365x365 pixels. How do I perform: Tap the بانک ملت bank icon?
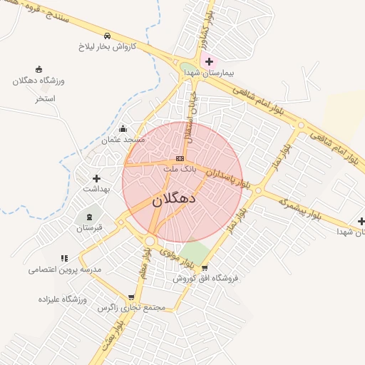tap(180, 158)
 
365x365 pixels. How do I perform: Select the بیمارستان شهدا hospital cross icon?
tap(208, 62)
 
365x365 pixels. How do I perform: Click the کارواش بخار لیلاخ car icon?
tap(107, 36)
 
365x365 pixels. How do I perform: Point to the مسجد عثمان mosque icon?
tap(123, 129)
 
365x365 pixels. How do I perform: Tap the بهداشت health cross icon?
tap(96, 178)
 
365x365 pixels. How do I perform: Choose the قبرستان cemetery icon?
tap(90, 217)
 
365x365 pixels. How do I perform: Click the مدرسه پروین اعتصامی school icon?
tap(65, 258)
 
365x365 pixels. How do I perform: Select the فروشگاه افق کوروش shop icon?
tap(205, 268)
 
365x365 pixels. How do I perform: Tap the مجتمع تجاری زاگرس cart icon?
tap(131, 297)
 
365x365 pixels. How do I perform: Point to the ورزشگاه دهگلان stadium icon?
tap(38, 69)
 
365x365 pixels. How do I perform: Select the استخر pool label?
tap(46, 98)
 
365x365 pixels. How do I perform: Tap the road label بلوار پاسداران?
tap(229, 178)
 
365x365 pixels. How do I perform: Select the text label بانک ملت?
tap(179, 169)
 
